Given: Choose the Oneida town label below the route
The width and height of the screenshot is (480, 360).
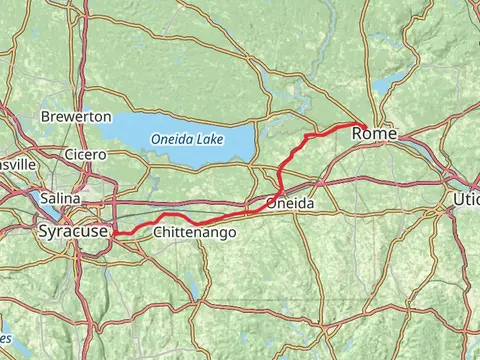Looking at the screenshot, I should (291, 203).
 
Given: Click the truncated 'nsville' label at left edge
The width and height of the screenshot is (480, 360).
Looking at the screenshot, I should (17, 163).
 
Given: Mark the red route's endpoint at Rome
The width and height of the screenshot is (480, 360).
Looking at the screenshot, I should (362, 125).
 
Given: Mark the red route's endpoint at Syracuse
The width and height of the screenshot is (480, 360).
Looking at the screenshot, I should (116, 234).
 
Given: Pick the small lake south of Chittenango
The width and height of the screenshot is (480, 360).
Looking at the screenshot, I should (190, 291).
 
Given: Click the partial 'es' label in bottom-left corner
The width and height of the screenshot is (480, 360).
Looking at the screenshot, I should (6, 311).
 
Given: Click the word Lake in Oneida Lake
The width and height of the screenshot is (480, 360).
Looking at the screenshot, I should (213, 139).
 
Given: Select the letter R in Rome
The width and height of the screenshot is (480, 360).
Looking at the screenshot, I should (361, 134).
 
